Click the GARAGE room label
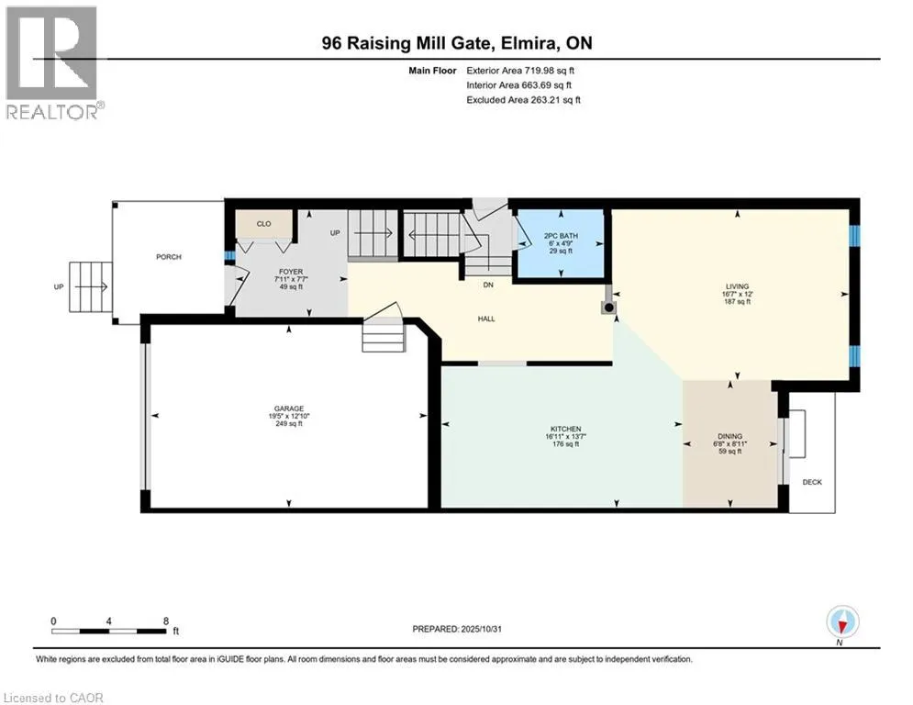288,409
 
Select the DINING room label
729,437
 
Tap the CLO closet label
263,223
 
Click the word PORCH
169,257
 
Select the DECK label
812,482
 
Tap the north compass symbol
841,622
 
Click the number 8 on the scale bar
165,621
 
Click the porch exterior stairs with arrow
90,286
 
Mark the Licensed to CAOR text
53,697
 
